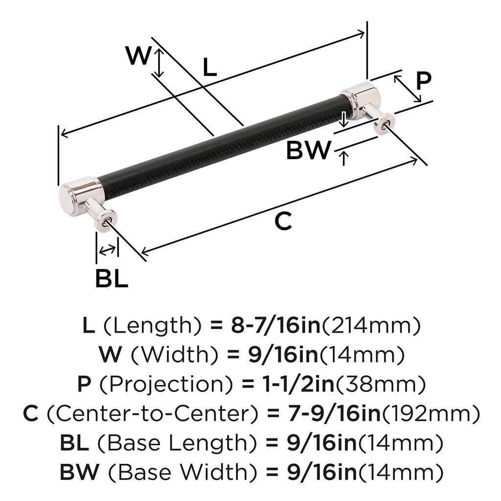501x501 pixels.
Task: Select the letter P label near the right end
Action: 424,81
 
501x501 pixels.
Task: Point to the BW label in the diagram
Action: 308,150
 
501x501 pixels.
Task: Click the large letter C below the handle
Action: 283,221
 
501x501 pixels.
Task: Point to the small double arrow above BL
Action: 108,250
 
